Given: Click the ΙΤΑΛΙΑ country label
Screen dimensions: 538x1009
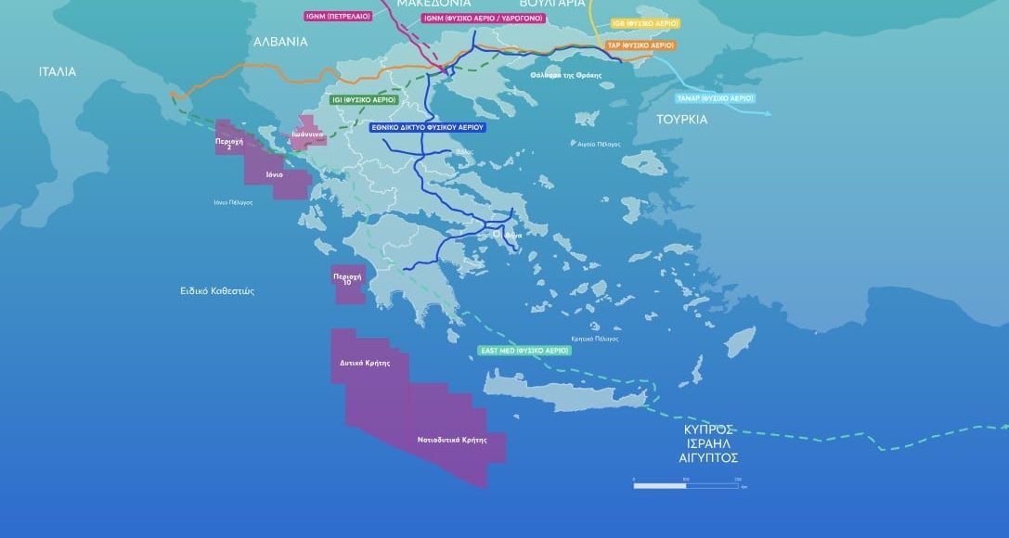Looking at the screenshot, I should [x=58, y=71].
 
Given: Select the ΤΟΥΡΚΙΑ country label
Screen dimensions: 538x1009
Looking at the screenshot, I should [x=681, y=119].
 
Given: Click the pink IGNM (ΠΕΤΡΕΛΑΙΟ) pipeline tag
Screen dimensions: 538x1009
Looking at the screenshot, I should [x=339, y=17].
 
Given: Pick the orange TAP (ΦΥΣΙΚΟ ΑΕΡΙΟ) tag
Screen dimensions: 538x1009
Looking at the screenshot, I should [x=640, y=45].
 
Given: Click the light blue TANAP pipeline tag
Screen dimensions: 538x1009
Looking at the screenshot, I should [x=715, y=97].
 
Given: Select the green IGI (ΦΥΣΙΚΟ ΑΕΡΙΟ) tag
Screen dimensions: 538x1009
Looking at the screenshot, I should [x=363, y=98].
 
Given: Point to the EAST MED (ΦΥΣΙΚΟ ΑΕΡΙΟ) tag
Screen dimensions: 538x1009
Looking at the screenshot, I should [x=524, y=351].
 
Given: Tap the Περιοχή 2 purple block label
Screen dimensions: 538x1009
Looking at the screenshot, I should [x=228, y=145].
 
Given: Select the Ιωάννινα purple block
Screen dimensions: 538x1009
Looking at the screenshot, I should [x=306, y=135].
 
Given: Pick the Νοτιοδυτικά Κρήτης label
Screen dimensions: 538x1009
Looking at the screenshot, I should [x=452, y=440].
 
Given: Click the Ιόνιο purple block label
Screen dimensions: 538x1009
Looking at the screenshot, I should [x=274, y=174].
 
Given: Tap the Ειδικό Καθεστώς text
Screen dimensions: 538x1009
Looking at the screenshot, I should [x=217, y=290].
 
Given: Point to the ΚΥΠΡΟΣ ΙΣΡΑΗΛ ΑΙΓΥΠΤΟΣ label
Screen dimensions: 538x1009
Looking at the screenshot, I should [x=710, y=443].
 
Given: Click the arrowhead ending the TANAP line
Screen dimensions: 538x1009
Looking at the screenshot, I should [x=768, y=113].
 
